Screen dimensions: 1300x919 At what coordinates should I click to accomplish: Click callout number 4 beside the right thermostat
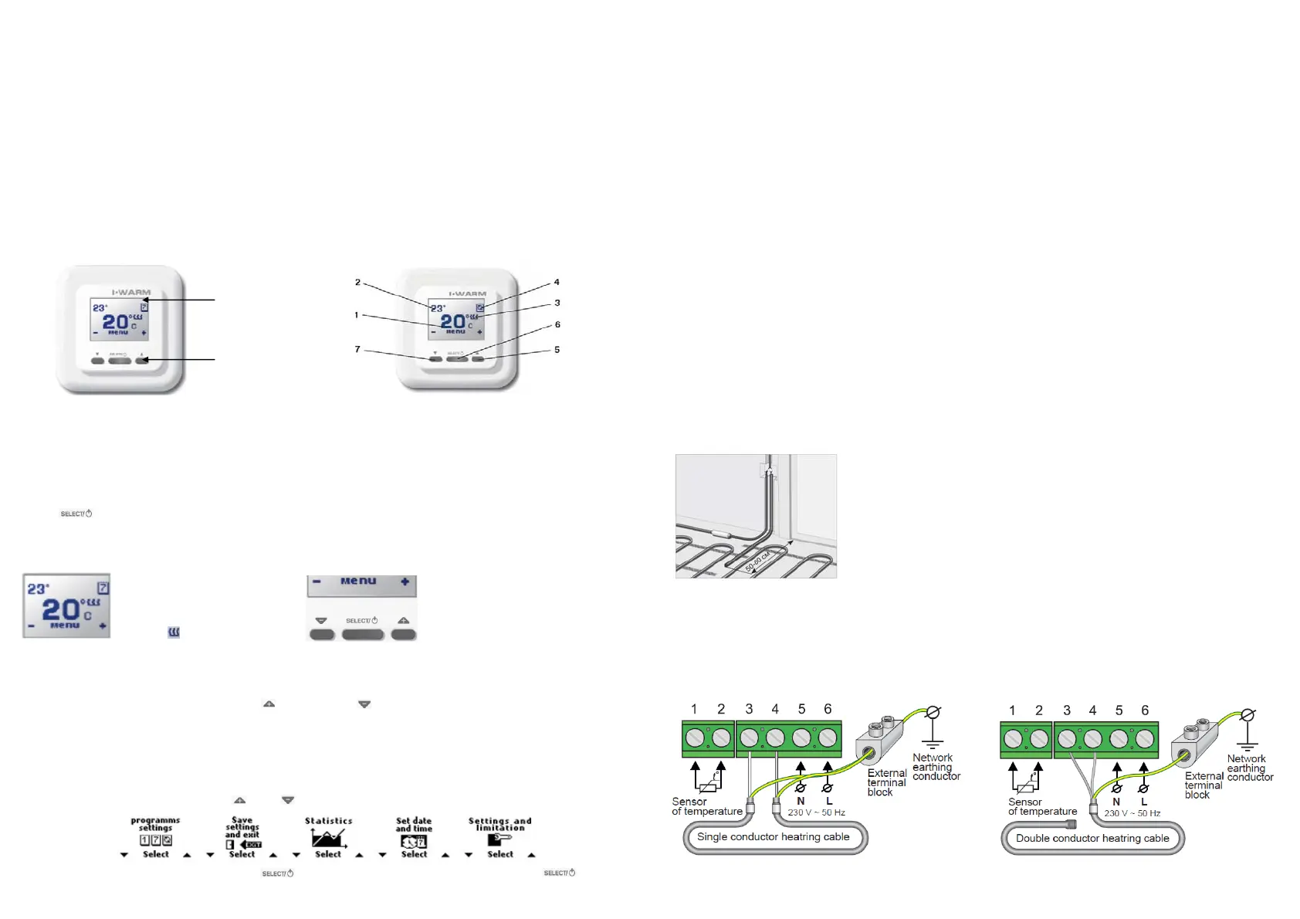tap(557, 282)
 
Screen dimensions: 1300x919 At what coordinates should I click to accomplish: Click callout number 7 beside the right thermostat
tap(357, 349)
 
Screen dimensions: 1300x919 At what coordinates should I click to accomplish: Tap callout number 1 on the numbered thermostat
tap(357, 315)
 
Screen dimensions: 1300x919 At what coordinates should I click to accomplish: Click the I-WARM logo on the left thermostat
tap(131, 293)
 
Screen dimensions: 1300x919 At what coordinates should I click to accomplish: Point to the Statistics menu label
tap(328, 821)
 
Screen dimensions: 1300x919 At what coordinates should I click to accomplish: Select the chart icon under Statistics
tap(328, 838)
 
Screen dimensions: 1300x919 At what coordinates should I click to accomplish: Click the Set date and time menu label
tap(414, 825)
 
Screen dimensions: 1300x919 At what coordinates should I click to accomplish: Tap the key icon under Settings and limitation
tap(500, 839)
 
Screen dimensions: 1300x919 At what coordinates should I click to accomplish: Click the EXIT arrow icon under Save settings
tap(252, 845)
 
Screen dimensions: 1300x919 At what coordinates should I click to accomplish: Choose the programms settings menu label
tap(155, 824)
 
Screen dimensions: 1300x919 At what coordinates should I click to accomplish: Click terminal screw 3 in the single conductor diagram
tap(749, 739)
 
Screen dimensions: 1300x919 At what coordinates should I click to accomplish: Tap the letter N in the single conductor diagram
tap(801, 802)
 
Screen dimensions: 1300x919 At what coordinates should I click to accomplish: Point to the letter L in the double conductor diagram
tap(1144, 802)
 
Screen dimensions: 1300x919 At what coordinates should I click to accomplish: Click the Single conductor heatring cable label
tap(773, 837)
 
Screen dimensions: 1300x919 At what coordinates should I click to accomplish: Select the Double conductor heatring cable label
tap(1092, 839)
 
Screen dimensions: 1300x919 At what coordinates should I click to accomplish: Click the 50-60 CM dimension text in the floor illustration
tap(757, 561)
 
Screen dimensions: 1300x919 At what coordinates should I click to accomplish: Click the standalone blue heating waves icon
tap(174, 632)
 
